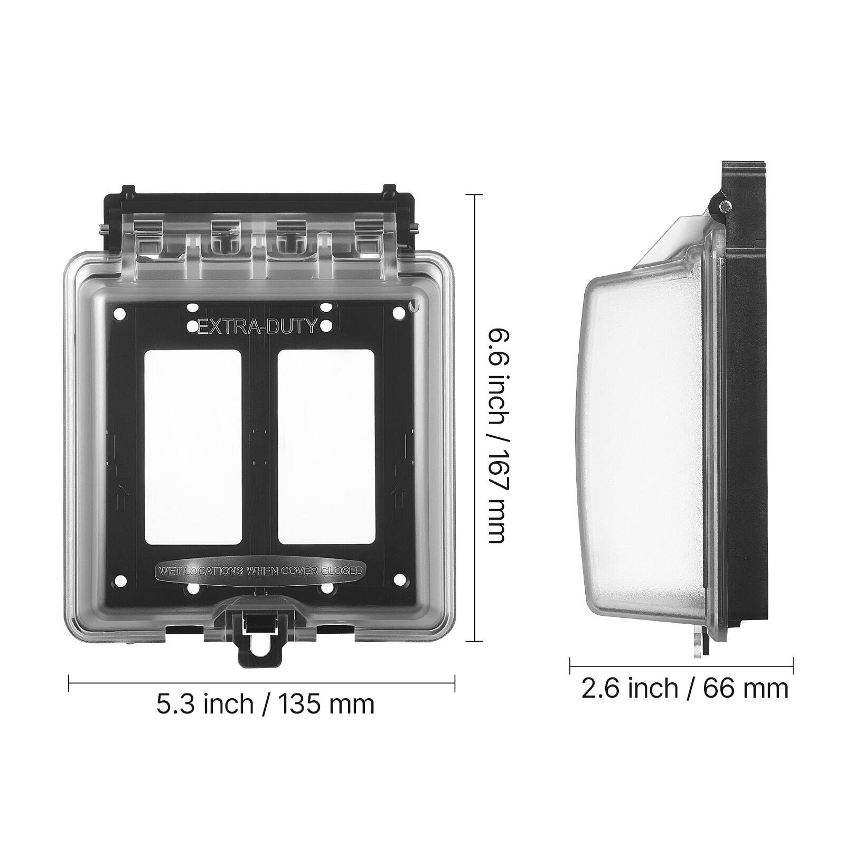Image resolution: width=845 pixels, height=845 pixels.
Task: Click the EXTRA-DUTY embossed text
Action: (257, 327)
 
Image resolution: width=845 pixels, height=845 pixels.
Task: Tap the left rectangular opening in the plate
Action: (193, 447)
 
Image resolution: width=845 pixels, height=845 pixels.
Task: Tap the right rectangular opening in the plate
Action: (326, 447)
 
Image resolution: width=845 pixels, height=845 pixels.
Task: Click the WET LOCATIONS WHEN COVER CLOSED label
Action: (259, 570)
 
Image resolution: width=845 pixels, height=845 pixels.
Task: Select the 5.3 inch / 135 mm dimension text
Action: (265, 704)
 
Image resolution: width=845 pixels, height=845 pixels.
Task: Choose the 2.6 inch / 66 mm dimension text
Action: (684, 688)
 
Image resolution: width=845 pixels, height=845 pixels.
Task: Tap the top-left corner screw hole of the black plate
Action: (120, 314)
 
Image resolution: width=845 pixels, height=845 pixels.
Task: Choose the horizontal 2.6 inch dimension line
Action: (681, 666)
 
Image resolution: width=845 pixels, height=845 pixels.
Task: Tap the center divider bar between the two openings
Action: (259, 447)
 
